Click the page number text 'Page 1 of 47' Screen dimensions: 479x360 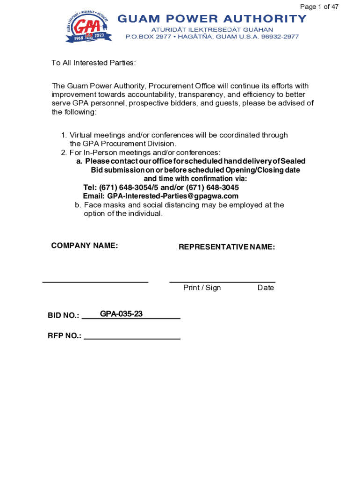tap(319, 7)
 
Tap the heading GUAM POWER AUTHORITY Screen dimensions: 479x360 tap(212, 19)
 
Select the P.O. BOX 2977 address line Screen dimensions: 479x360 tap(212, 36)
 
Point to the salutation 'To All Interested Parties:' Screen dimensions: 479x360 tap(94, 63)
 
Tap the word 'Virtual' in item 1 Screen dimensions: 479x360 tap(80, 135)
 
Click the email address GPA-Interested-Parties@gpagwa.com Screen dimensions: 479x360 tap(173, 196)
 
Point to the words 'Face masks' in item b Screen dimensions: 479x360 tap(101, 205)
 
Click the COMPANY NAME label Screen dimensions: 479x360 tap(84, 246)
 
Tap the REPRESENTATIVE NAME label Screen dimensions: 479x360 tap(227, 247)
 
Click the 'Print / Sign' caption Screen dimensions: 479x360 tap(202, 288)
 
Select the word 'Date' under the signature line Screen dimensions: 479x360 tap(266, 288)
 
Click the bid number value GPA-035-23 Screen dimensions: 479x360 tap(121, 314)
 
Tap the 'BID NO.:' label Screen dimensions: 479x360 tap(63, 316)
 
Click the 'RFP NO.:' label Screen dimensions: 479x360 tap(64, 336)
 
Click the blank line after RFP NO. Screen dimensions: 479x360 tap(132, 338)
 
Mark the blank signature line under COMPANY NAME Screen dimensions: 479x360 tap(95, 282)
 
